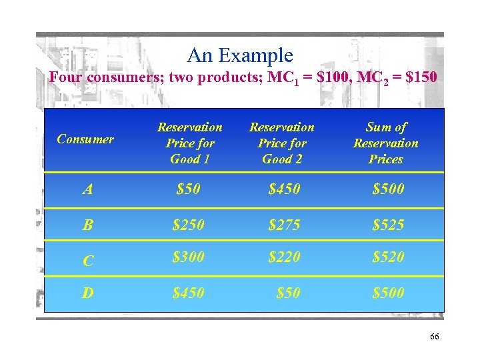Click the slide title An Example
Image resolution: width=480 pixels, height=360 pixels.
(x=240, y=55)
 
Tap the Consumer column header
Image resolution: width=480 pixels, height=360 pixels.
(x=85, y=139)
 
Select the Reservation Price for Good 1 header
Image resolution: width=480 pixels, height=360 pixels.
(x=189, y=143)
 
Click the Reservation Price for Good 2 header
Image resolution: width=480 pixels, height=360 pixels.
(x=281, y=143)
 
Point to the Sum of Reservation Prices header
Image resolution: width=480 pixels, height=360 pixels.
(x=386, y=143)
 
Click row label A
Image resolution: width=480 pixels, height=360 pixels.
(x=88, y=190)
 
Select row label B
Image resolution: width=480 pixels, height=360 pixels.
(x=88, y=225)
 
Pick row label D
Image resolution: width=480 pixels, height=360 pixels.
(x=88, y=293)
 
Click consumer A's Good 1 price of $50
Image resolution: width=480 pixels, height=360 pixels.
(x=189, y=190)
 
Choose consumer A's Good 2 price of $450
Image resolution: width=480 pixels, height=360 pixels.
(x=284, y=190)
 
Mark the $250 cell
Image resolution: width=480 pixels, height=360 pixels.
(x=189, y=225)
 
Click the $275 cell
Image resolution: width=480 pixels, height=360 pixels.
(x=284, y=225)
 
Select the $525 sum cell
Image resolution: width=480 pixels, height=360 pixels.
(x=388, y=225)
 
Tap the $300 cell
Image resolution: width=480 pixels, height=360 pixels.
(x=189, y=257)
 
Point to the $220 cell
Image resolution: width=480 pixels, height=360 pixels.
(x=284, y=257)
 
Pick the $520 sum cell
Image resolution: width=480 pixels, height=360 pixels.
(x=388, y=257)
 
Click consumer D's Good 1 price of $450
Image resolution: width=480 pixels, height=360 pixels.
(x=189, y=293)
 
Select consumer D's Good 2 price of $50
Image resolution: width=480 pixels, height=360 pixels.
(x=288, y=293)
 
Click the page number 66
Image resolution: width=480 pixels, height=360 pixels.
(x=434, y=337)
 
